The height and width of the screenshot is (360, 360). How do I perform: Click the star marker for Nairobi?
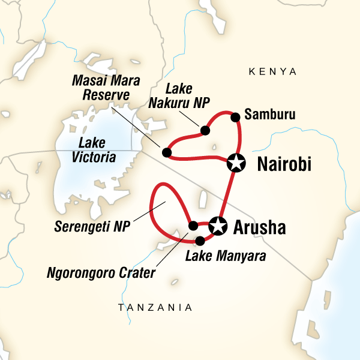click(236, 163)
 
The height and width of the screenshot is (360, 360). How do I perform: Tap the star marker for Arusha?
click(217, 225)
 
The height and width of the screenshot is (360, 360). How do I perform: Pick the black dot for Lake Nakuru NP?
click(205, 130)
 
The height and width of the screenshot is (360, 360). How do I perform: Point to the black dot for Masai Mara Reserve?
click(167, 152)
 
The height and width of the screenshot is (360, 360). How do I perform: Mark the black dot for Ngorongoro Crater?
click(193, 226)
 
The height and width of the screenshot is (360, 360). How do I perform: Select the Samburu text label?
click(269, 115)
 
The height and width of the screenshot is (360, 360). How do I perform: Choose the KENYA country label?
click(272, 72)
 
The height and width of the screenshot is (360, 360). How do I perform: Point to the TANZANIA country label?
click(155, 308)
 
